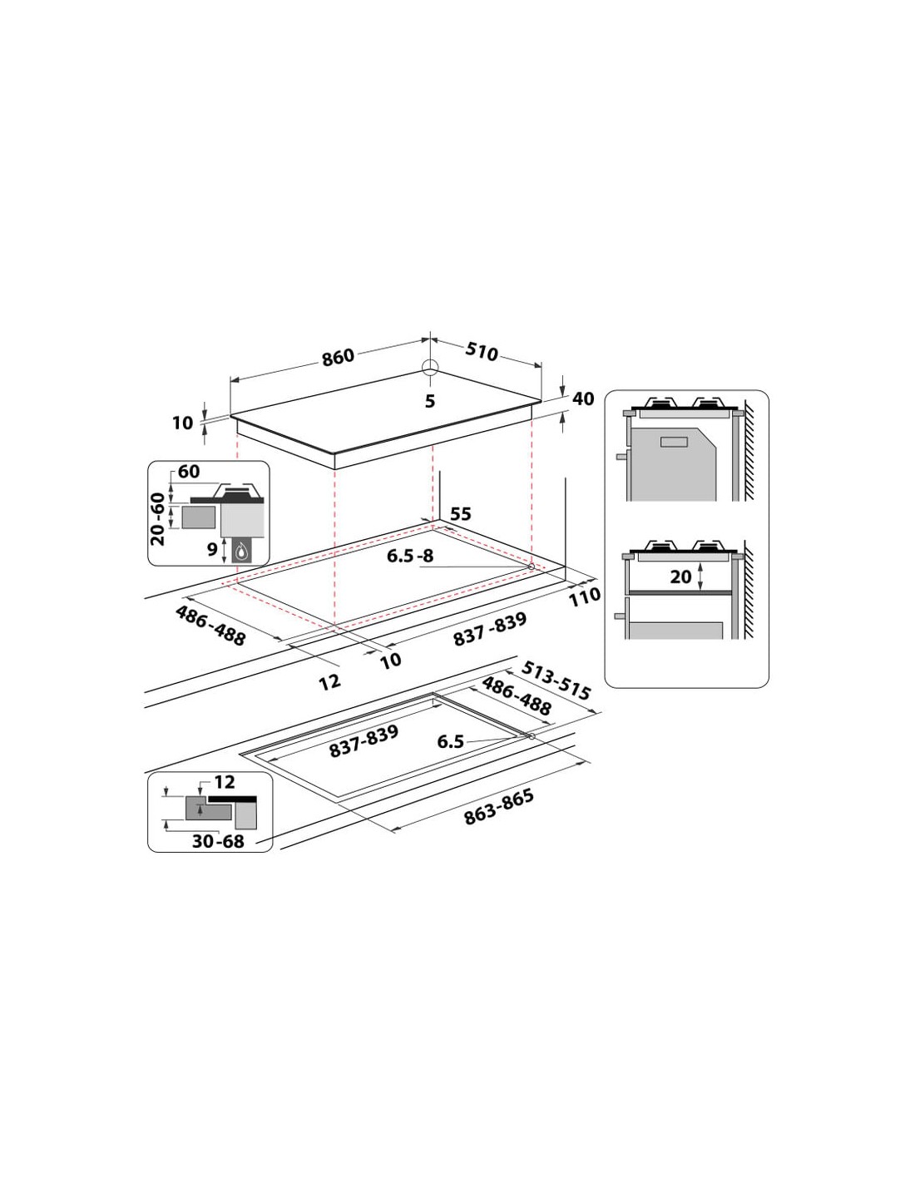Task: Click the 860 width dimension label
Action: [x=338, y=357]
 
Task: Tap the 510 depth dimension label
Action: [x=481, y=352]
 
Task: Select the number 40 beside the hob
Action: [x=583, y=398]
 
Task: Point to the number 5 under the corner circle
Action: [x=430, y=401]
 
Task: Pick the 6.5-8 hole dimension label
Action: [x=410, y=556]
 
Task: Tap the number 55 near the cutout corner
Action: [x=461, y=514]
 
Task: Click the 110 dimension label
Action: [x=585, y=596]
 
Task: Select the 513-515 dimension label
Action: [x=556, y=681]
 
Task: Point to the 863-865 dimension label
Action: [x=498, y=807]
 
